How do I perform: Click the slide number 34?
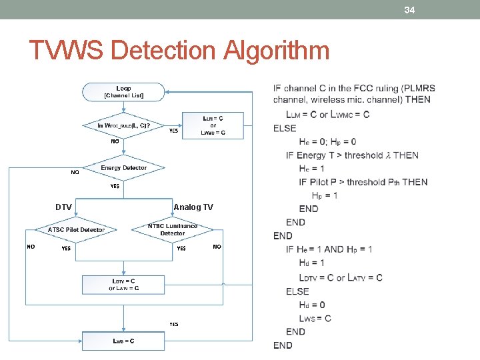pyautogui.click(x=409, y=9)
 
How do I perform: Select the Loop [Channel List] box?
pyautogui.click(x=123, y=92)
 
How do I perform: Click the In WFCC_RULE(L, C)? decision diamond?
pyautogui.click(x=123, y=125)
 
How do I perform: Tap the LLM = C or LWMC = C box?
pyautogui.click(x=213, y=125)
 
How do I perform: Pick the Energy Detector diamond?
pyautogui.click(x=123, y=168)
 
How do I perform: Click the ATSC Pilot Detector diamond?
pyautogui.click(x=76, y=230)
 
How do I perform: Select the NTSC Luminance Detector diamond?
pyautogui.click(x=172, y=230)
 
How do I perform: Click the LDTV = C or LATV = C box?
pyautogui.click(x=123, y=285)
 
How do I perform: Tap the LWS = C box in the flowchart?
pyautogui.click(x=123, y=341)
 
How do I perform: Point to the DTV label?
pyautogui.click(x=63, y=207)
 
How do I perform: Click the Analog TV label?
pyautogui.click(x=193, y=207)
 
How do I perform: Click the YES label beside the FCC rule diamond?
pyautogui.click(x=173, y=131)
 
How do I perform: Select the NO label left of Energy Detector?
pyautogui.click(x=75, y=173)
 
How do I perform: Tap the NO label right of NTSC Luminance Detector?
pyautogui.click(x=217, y=247)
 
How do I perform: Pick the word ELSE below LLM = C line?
pyautogui.click(x=285, y=128)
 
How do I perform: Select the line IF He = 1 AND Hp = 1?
pyautogui.click(x=329, y=249)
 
